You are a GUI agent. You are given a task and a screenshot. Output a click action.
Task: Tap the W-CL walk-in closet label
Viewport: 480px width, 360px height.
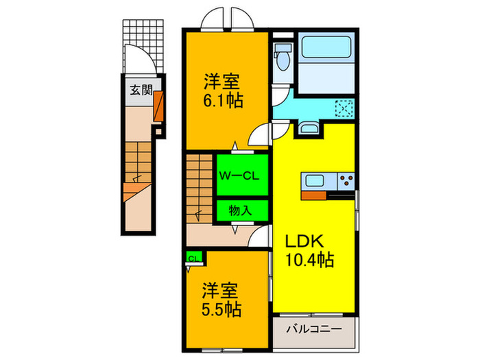[x=238, y=176]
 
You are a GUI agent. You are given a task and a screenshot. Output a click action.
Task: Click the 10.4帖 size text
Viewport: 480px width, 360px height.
[x=309, y=261]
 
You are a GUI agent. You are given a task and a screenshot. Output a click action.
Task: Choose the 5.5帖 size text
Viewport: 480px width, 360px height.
[x=221, y=309]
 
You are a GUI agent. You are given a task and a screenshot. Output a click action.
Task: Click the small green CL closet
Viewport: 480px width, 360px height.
[x=193, y=258]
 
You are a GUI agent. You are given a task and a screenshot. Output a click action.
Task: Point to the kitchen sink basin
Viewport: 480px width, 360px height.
[x=315, y=182]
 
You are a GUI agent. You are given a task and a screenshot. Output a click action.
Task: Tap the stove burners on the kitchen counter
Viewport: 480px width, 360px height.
[x=346, y=182]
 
